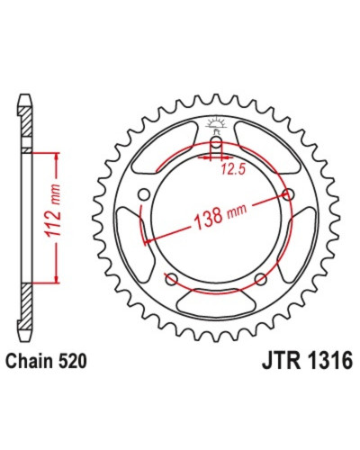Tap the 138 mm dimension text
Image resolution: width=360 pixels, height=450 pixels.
click(220, 214)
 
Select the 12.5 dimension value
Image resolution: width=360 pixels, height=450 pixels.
click(233, 170)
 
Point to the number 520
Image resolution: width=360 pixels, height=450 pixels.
click(73, 361)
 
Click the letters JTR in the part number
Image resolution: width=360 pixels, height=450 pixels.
click(282, 360)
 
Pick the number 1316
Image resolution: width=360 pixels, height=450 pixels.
click(329, 360)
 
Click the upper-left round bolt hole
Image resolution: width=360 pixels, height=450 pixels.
click(144, 195)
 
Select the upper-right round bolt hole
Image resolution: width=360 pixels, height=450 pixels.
click(289, 195)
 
